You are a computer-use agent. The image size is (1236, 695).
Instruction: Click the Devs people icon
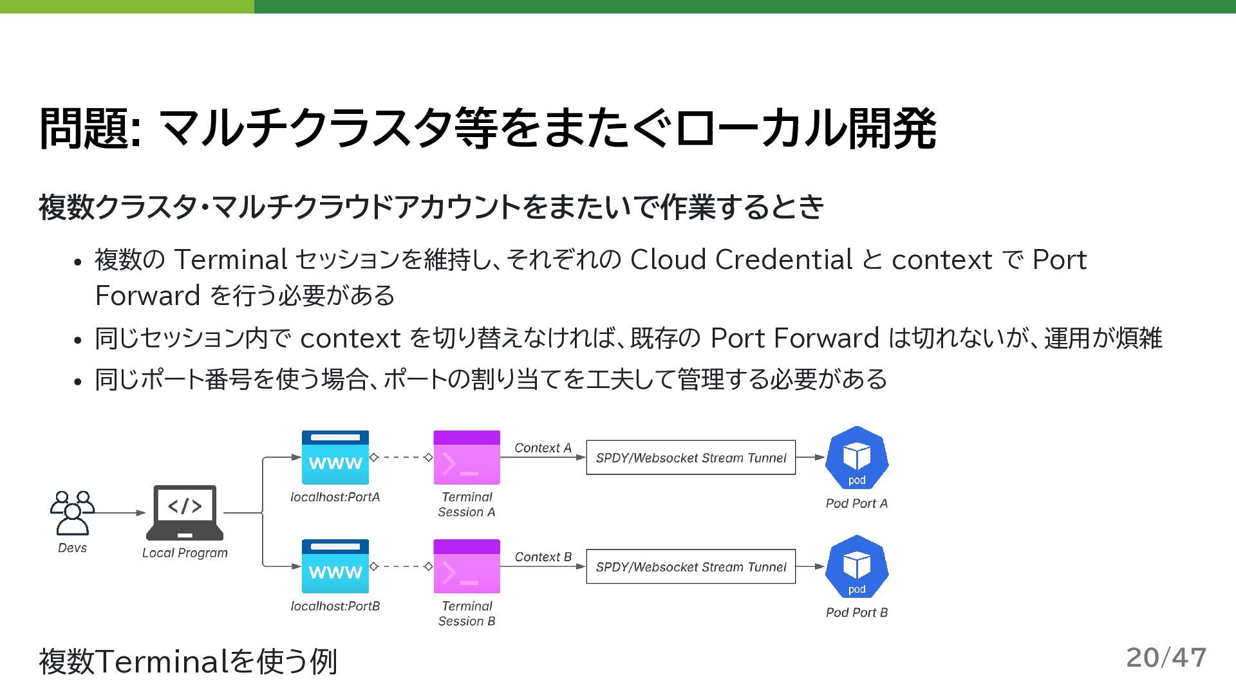[x=72, y=513]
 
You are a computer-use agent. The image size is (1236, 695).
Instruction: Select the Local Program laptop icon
[x=185, y=513]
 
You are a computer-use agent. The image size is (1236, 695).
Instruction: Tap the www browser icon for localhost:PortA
[x=335, y=458]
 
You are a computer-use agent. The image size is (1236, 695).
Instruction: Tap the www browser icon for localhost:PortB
[x=335, y=566]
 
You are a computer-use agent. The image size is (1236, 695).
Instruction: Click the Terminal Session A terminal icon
[x=467, y=458]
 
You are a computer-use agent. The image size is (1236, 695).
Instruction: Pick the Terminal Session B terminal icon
[x=467, y=566]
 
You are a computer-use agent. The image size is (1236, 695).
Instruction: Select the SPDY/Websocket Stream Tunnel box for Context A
[x=691, y=458]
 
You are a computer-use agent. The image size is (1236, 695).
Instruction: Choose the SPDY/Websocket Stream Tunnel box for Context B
[x=691, y=567]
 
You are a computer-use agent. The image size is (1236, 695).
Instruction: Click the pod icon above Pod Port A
[x=857, y=458]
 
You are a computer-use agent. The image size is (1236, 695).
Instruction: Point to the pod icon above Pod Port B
[x=857, y=567]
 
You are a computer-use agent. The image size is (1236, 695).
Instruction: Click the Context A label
[x=543, y=448]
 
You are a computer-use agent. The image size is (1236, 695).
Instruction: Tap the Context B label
[x=543, y=557]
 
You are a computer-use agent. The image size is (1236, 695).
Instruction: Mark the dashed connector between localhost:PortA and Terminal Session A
[x=401, y=458]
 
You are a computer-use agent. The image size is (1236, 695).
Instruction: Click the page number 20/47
[x=1166, y=658]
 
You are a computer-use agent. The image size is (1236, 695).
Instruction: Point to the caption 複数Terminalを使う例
[x=188, y=661]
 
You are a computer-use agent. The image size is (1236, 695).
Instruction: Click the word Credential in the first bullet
[x=783, y=260]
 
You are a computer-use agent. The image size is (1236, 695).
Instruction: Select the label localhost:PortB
[x=335, y=606]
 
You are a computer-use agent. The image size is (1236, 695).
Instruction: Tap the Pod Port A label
[x=857, y=503]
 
